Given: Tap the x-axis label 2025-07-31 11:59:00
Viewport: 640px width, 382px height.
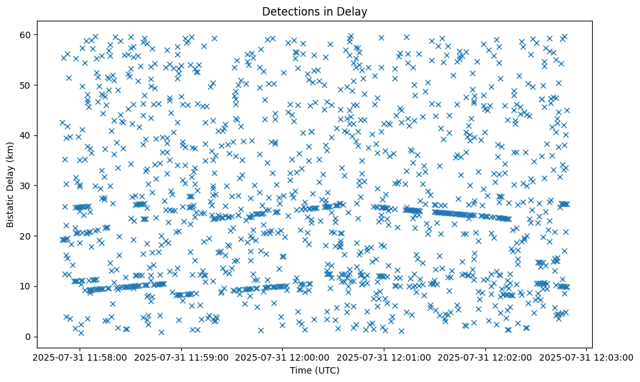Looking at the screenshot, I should coord(182,357).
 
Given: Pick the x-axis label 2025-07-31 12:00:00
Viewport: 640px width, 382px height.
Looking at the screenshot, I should coord(283,357).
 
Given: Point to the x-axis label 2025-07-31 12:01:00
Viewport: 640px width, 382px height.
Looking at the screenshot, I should coord(384,357).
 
